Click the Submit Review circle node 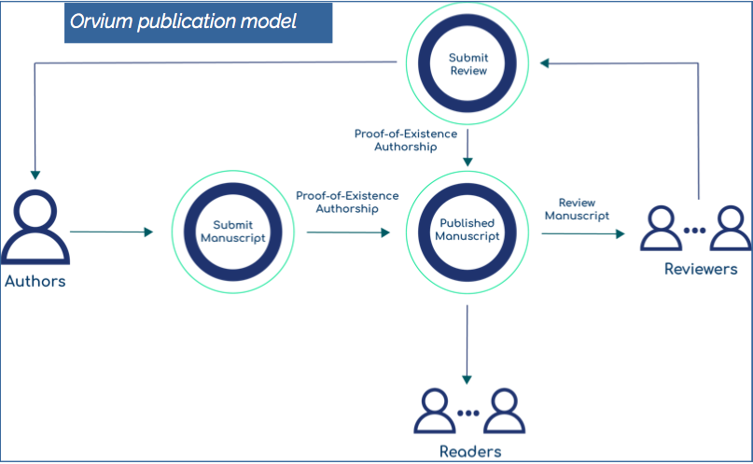tap(468, 64)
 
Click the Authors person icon tap(35, 229)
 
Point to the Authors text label tap(35, 281)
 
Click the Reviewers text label tap(700, 270)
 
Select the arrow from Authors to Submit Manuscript tap(111, 232)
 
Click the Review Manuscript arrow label tap(577, 209)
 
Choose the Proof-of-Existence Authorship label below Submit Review tap(405, 140)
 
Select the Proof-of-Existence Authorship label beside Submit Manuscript tap(347, 202)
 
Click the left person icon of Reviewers tap(661, 229)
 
